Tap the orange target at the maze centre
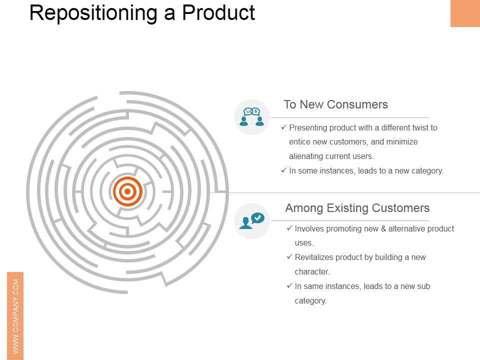(127, 191)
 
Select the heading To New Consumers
(335, 104)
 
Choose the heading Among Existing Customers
(357, 208)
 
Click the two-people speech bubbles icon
(251, 116)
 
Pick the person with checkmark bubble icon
(251, 220)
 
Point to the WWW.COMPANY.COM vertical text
(15, 315)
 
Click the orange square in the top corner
(465, 13)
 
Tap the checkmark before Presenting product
(284, 127)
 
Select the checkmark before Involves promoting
(289, 228)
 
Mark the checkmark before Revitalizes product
(289, 257)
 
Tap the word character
(311, 272)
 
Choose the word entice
(300, 142)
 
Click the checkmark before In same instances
(289, 286)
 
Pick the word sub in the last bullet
(423, 286)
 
